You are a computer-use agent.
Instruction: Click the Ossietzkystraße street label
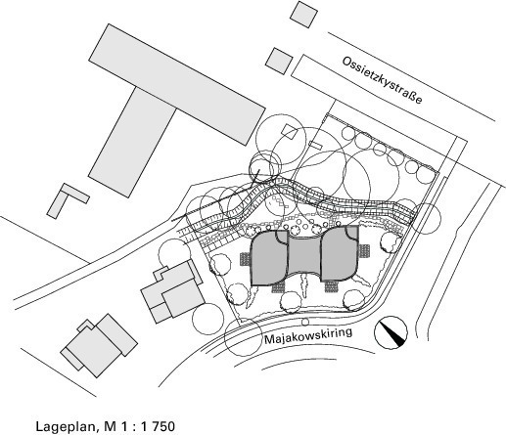(x=382, y=80)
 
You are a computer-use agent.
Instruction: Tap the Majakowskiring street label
(x=308, y=336)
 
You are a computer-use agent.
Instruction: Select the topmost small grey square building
(x=303, y=15)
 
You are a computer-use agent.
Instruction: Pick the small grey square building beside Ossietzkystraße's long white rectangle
(x=279, y=62)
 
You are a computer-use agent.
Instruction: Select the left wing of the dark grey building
(x=268, y=258)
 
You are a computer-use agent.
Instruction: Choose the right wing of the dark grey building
(x=340, y=253)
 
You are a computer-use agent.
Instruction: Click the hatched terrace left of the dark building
(x=245, y=259)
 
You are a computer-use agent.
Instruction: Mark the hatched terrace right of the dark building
(x=364, y=251)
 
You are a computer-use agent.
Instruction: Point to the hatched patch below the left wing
(x=278, y=287)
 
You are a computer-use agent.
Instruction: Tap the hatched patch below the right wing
(x=331, y=286)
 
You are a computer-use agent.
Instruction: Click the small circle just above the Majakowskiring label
(x=305, y=323)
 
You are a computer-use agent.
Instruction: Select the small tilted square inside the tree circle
(x=290, y=132)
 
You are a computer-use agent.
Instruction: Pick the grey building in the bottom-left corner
(x=99, y=345)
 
